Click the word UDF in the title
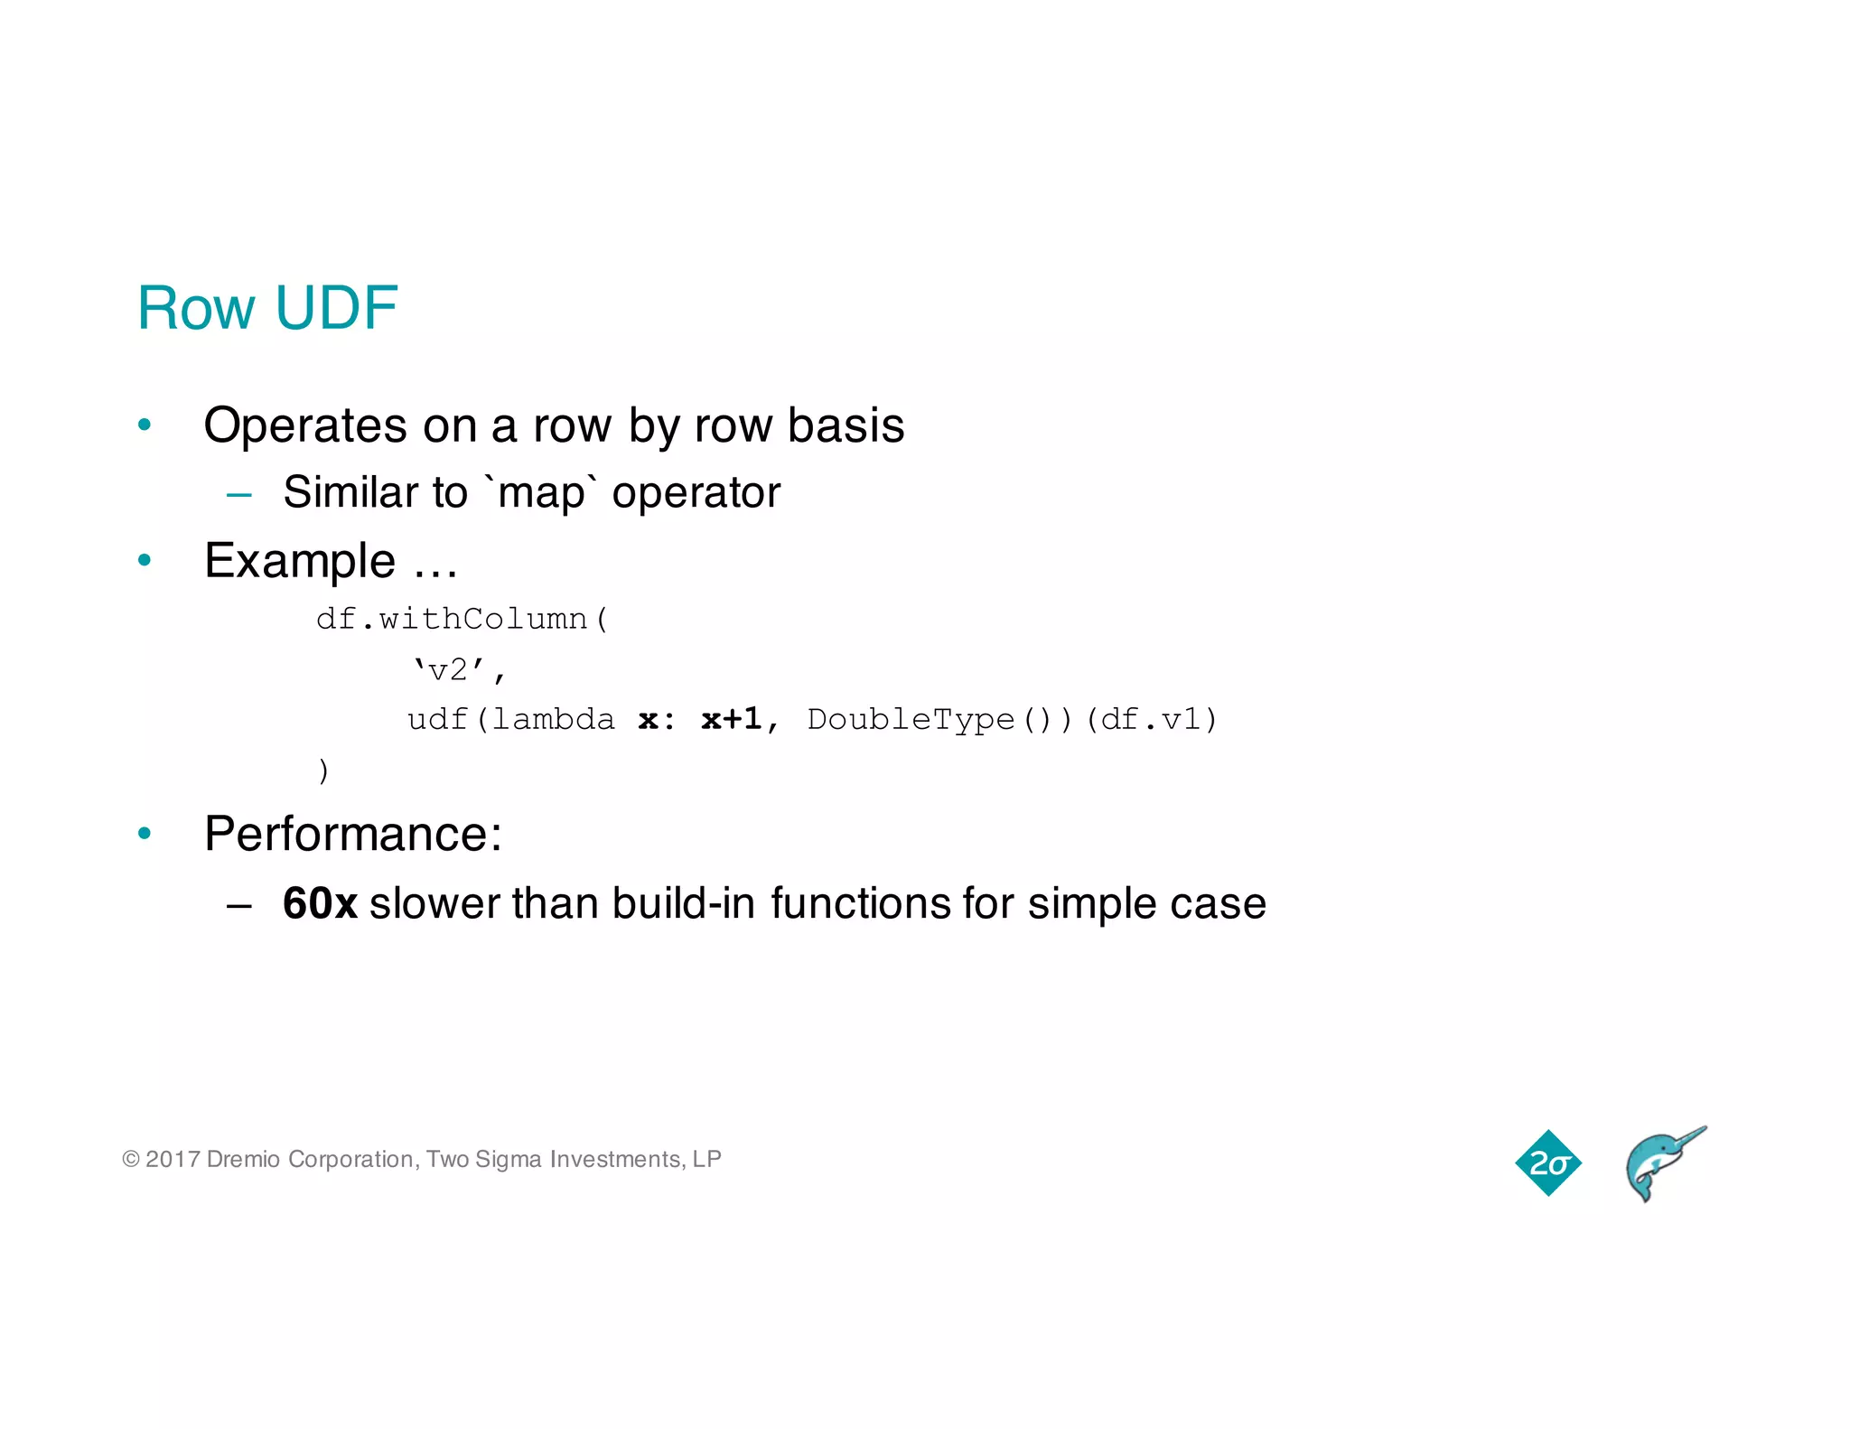tap(336, 309)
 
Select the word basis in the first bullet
tap(846, 425)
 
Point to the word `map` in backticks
tap(541, 493)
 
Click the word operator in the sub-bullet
tap(696, 493)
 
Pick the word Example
tap(300, 561)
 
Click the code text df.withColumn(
tap(462, 620)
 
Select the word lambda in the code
tap(553, 720)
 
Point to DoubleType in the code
tap(911, 720)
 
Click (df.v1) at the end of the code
tap(1151, 720)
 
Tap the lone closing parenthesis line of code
tap(323, 771)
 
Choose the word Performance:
tap(352, 834)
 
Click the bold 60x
tap(320, 904)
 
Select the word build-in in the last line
tap(683, 904)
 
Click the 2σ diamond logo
tap(1548, 1163)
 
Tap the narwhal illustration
tap(1662, 1165)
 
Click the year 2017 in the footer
tap(172, 1160)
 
